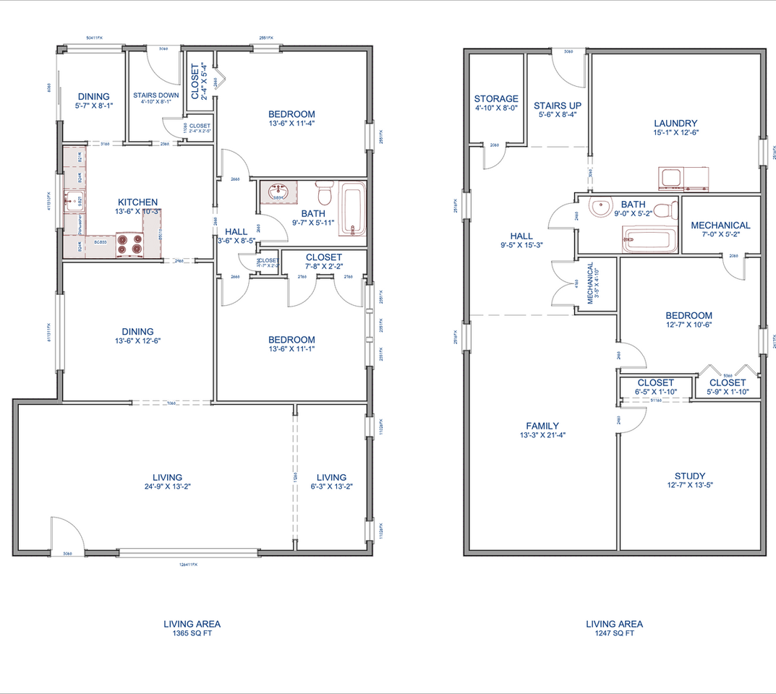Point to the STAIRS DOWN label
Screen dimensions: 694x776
point(155,95)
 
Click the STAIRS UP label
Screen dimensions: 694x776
point(557,106)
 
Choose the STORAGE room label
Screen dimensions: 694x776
point(495,99)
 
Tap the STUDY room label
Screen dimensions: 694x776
point(689,476)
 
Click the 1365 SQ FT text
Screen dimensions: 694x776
point(192,633)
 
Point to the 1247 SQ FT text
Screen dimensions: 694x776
point(613,633)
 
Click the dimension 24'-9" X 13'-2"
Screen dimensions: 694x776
point(167,487)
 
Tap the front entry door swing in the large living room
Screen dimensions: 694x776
point(65,535)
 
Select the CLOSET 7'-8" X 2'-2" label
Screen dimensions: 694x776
point(323,257)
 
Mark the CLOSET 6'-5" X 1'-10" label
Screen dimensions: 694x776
point(656,383)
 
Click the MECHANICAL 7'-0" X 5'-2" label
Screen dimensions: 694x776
point(720,226)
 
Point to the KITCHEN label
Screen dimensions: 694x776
point(138,202)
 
